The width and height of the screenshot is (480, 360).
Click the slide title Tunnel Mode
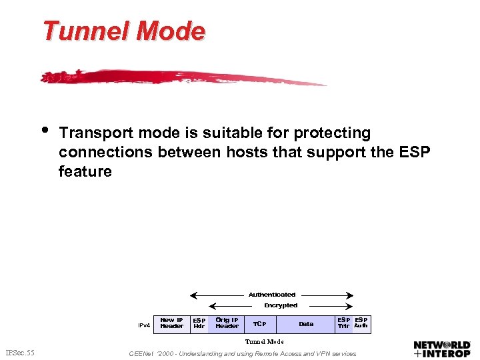click(123, 31)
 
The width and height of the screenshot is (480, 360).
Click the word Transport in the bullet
click(95, 133)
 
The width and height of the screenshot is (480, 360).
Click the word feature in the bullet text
click(85, 171)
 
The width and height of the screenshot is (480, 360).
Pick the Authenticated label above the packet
click(271, 294)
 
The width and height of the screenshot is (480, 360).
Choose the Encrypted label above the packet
click(281, 305)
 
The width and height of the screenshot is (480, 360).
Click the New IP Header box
click(171, 323)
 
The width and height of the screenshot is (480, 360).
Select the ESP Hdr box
click(199, 323)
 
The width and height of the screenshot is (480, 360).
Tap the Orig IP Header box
click(227, 323)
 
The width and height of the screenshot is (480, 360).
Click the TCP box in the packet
click(259, 324)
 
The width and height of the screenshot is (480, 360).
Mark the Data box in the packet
click(306, 324)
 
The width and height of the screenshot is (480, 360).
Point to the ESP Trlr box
click(343, 323)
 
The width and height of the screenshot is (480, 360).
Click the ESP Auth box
click(361, 323)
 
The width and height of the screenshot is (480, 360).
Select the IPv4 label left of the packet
click(144, 325)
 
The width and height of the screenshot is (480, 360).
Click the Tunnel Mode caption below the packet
click(265, 341)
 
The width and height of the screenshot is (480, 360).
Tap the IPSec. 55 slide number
click(20, 351)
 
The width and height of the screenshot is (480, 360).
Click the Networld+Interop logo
click(442, 349)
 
